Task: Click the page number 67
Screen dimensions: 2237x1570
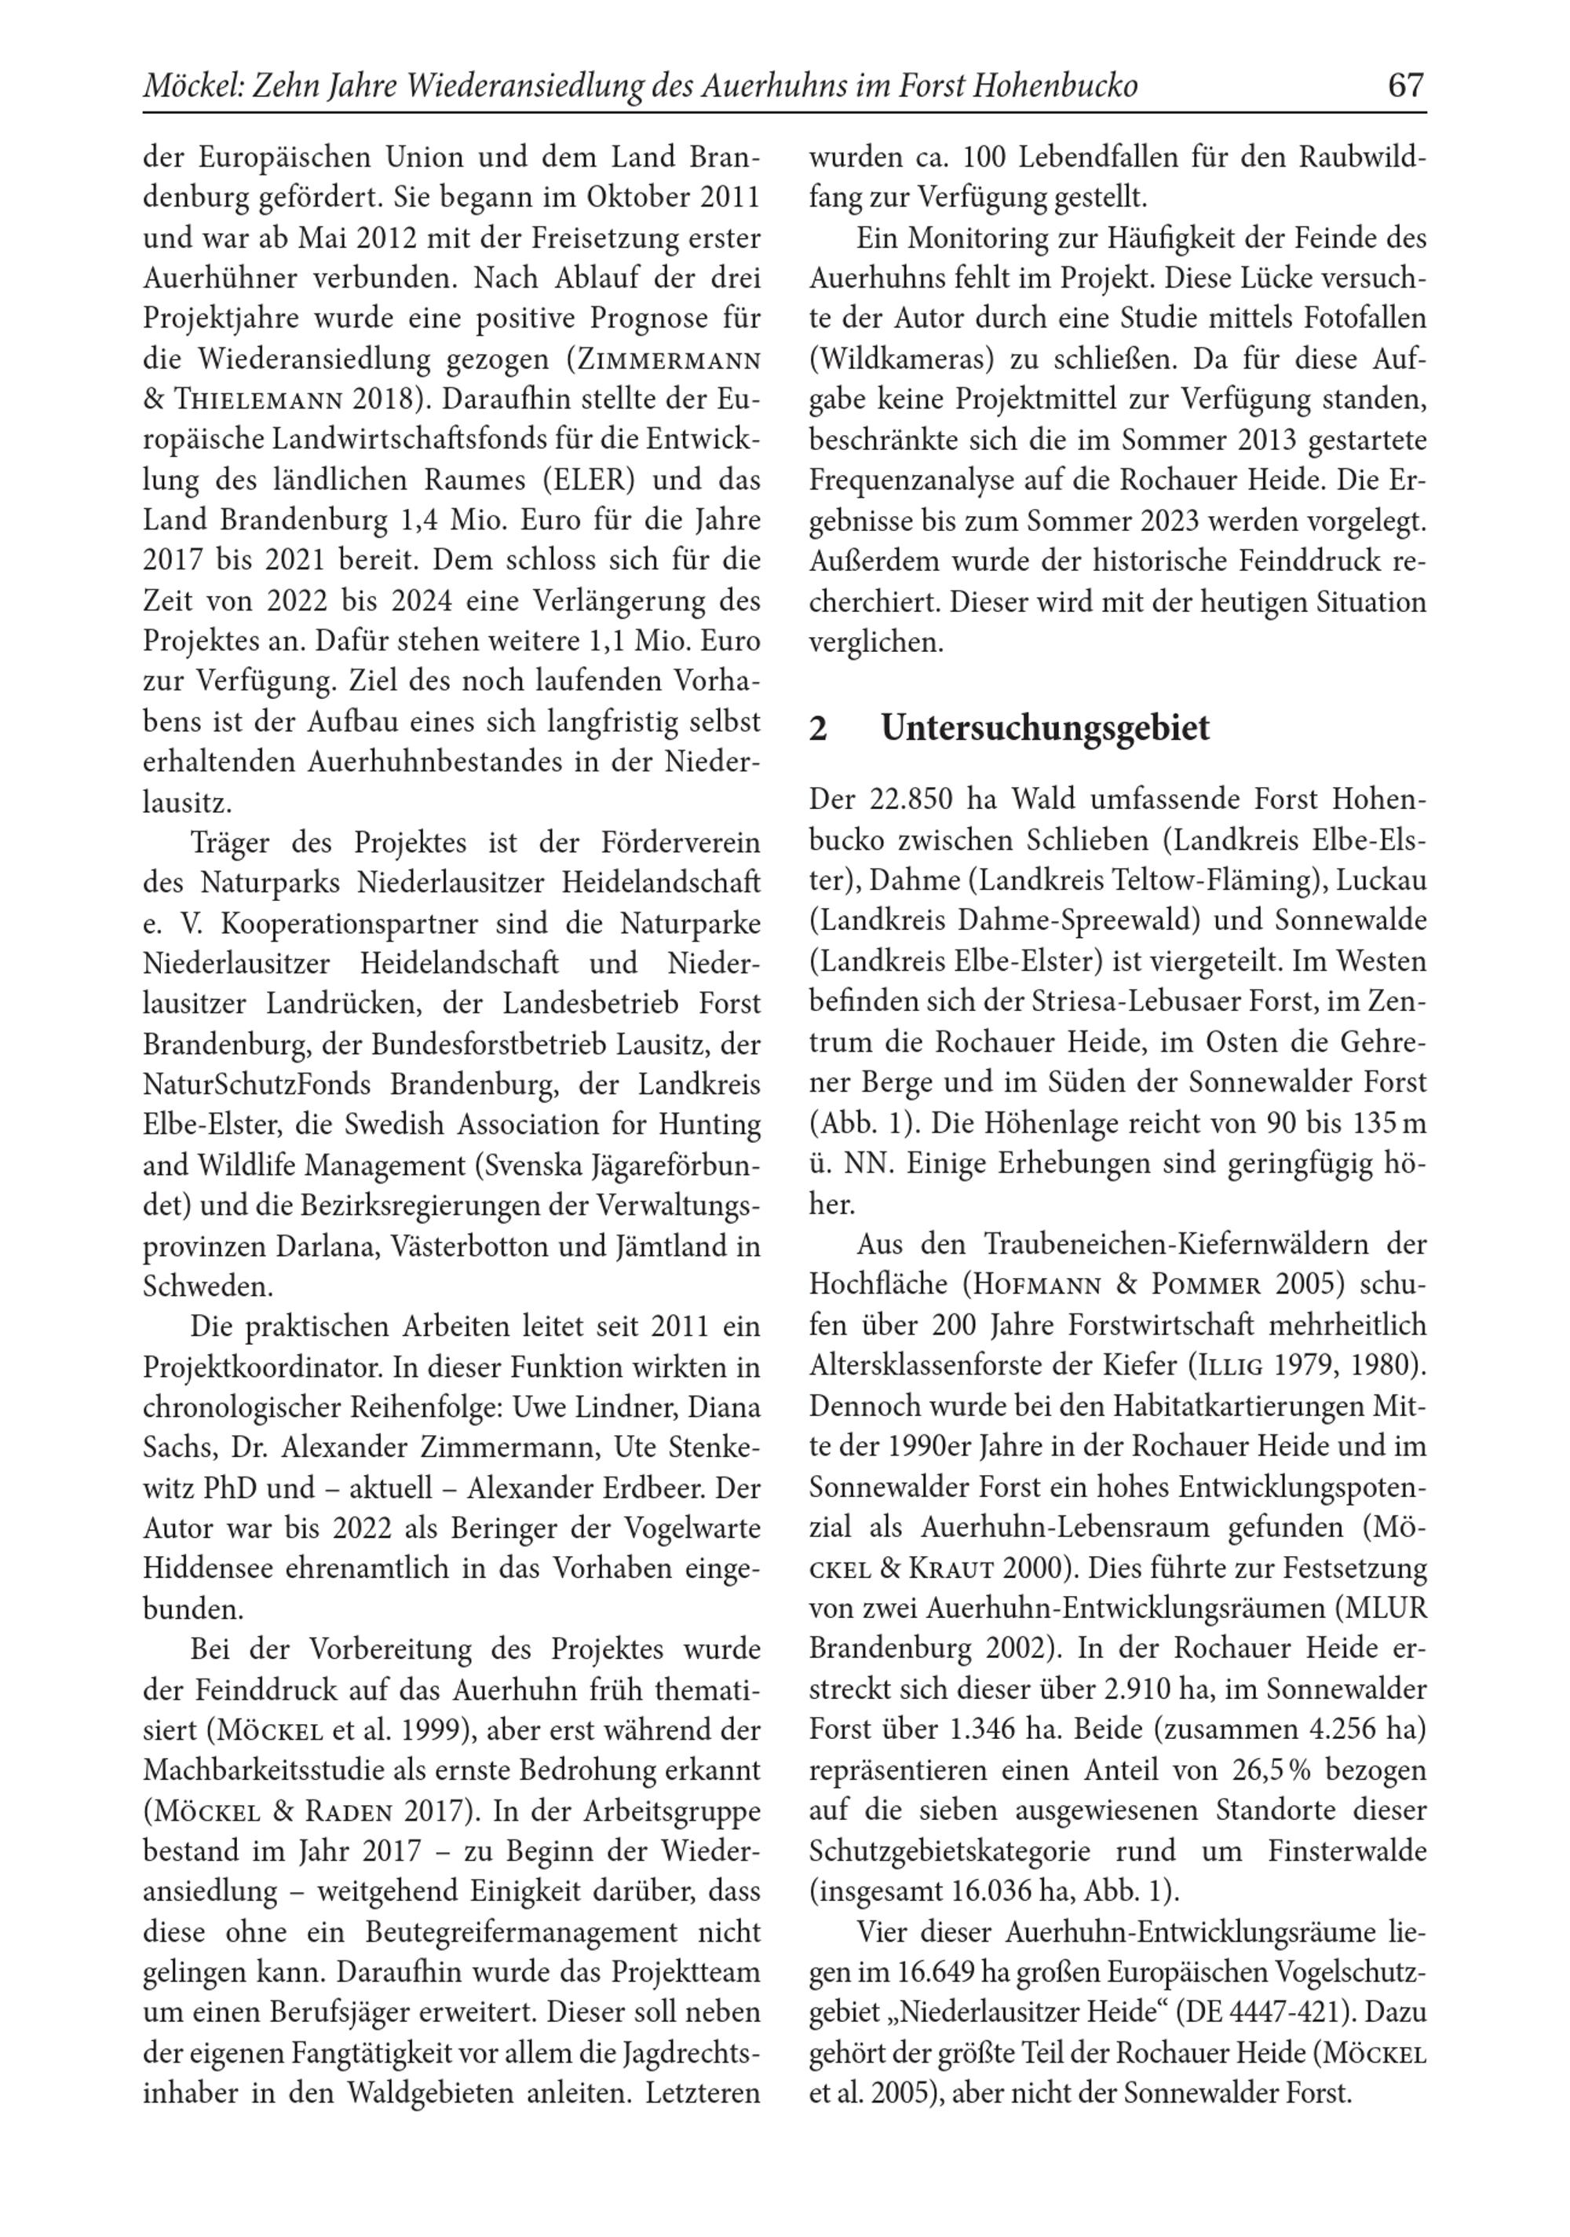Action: (x=1404, y=86)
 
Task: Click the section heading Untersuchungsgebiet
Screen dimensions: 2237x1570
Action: (x=1044, y=728)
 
